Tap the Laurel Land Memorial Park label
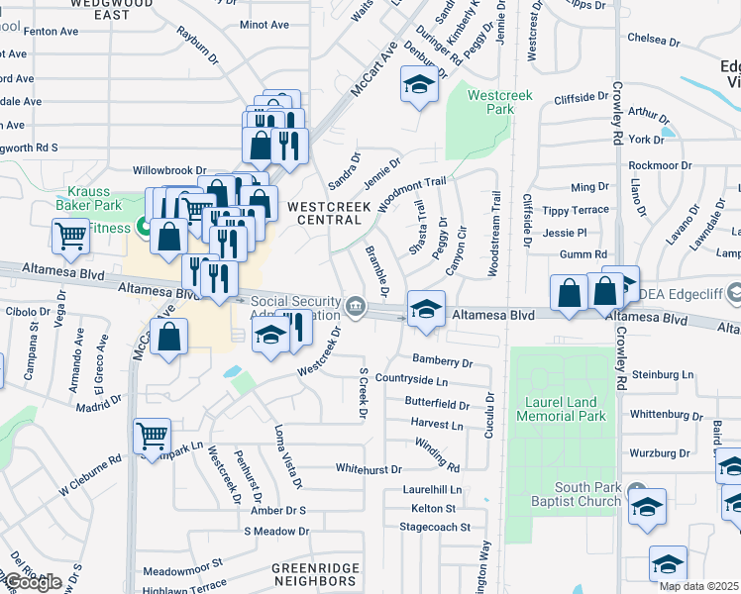click(562, 409)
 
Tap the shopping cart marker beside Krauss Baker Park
click(70, 237)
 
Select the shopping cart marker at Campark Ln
click(152, 435)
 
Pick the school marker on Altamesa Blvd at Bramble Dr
click(426, 308)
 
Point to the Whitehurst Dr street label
click(369, 469)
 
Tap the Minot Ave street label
click(264, 23)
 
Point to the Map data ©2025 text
click(698, 586)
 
